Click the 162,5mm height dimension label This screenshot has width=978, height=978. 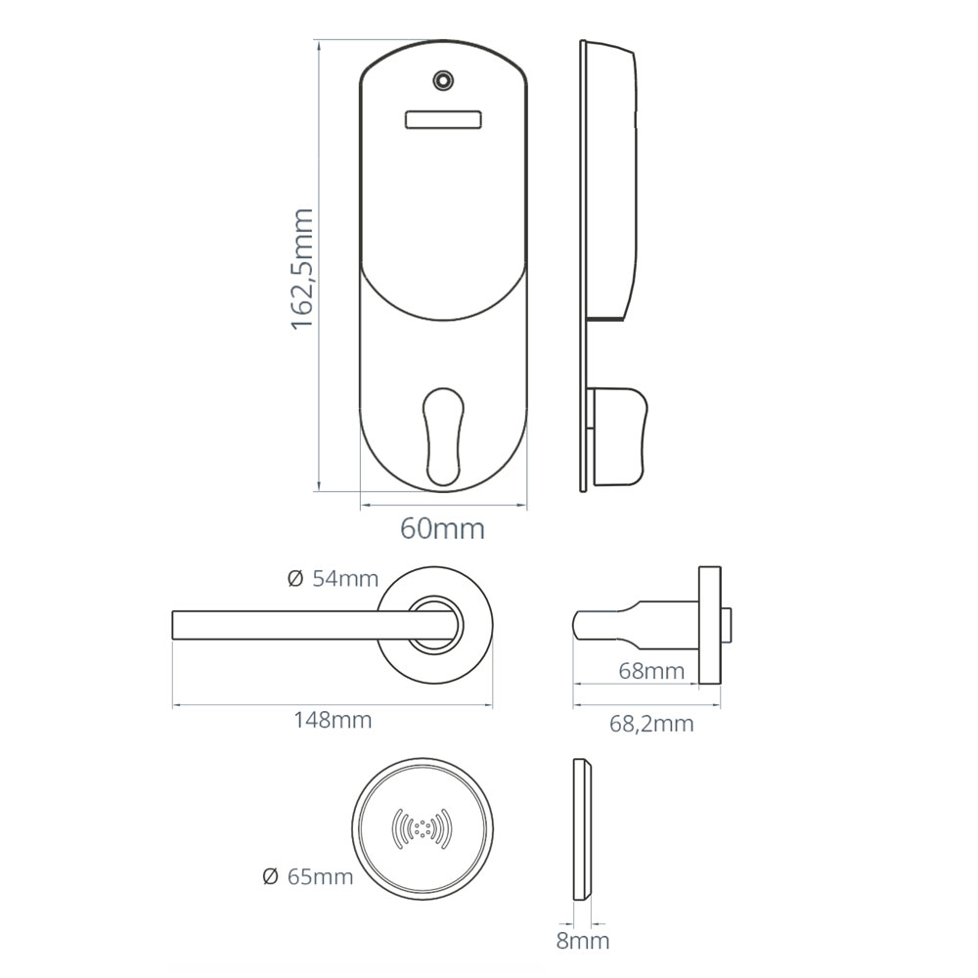302,269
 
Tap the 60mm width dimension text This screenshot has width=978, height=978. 442,529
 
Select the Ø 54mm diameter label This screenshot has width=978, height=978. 333,579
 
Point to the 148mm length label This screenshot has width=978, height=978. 333,721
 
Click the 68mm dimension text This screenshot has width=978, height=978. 651,671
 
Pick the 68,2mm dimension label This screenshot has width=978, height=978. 651,724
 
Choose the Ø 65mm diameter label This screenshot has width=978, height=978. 307,877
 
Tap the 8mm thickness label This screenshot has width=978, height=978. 583,941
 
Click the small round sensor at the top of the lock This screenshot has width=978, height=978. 443,80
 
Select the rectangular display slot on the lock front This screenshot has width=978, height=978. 443,119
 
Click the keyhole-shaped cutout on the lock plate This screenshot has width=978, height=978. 443,436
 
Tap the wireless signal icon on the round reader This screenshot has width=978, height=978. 422,829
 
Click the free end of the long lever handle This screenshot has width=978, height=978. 173,625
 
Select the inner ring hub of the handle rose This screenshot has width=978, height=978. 436,625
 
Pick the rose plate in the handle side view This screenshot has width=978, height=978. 709,625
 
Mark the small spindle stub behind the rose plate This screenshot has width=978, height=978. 726,625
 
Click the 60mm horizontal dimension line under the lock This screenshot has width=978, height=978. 443,505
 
